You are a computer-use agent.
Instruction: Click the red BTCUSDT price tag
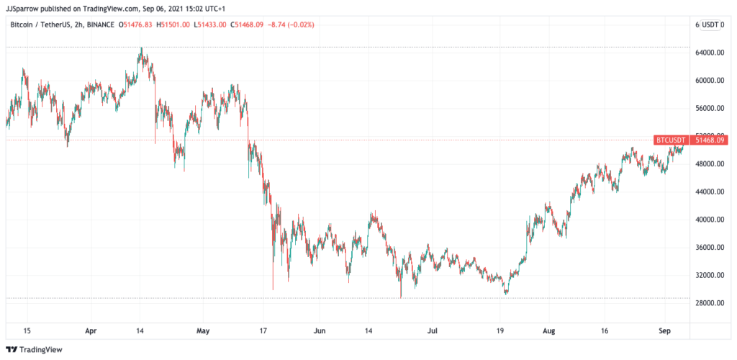(670, 140)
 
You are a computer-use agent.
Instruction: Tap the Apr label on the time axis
(91, 332)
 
